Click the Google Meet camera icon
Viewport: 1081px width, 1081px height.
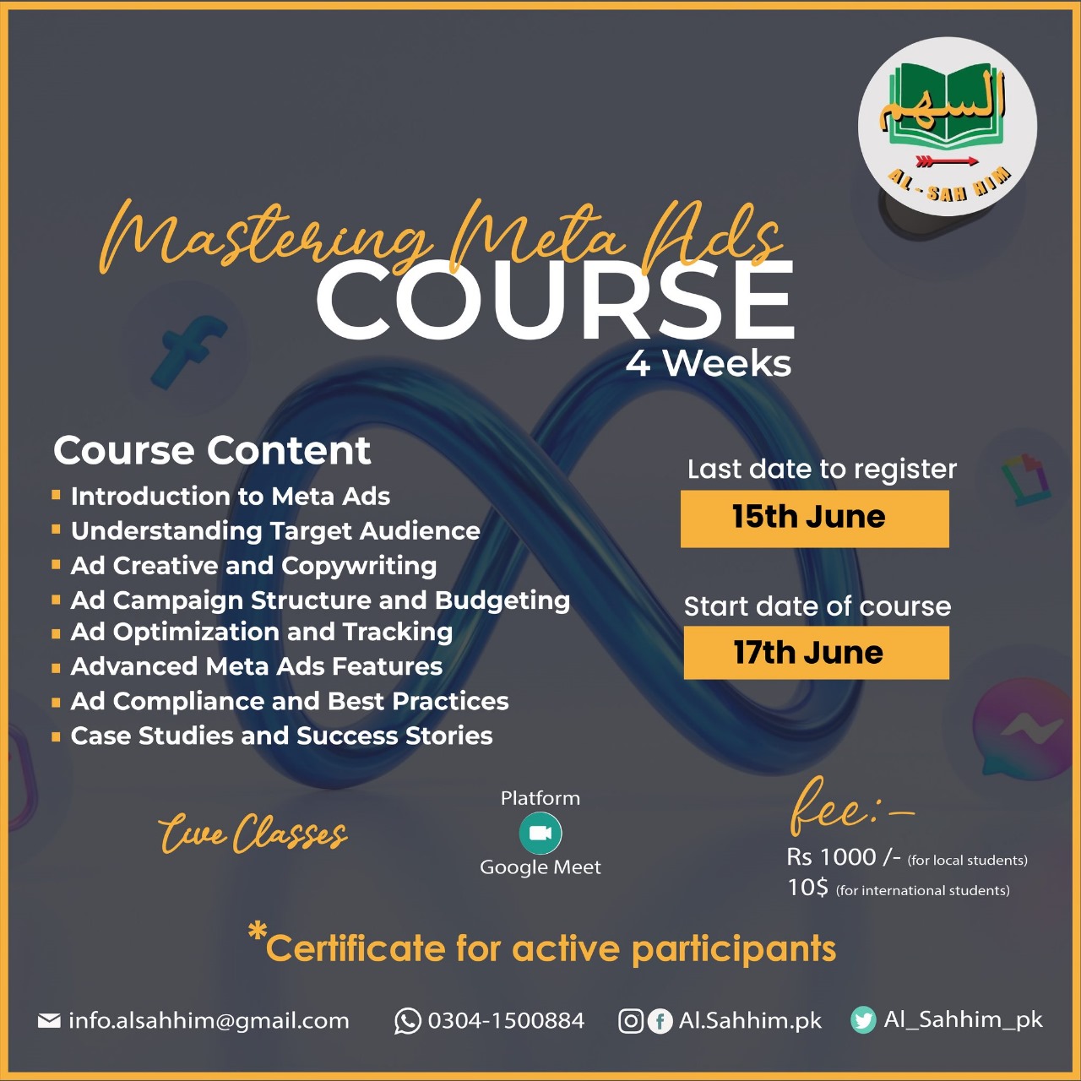540,833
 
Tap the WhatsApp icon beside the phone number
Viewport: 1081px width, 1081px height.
407,1020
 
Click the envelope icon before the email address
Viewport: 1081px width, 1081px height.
49,1020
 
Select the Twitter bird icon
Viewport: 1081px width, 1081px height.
863,1020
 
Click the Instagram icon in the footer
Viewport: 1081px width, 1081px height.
631,1021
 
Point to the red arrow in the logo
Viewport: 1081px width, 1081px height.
947,161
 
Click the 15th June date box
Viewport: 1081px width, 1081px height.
814,519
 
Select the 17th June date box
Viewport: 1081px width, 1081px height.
816,653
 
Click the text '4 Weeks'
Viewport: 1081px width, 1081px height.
708,365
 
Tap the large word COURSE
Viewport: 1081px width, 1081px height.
556,300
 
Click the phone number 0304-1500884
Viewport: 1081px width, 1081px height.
506,1020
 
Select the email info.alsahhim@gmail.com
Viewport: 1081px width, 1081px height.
209,1021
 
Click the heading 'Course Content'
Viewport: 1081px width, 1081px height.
212,450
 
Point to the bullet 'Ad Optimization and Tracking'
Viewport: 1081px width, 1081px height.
262,633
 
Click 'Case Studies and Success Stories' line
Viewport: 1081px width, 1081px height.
281,736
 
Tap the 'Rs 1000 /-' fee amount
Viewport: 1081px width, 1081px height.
844,857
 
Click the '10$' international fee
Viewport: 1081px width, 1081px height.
808,888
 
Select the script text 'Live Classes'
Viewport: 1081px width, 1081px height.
253,834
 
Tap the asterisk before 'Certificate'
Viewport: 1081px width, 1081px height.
257,932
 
